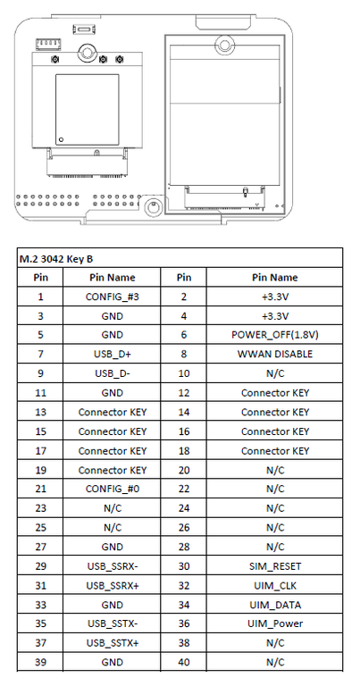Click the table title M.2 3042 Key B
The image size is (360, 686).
(x=55, y=259)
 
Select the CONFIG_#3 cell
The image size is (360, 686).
(x=113, y=297)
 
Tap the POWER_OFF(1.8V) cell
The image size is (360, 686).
(x=275, y=335)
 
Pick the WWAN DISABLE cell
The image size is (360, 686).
(x=275, y=354)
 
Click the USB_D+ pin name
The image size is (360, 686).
(x=113, y=354)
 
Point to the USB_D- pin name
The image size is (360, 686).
(x=113, y=373)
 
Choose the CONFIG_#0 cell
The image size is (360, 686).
(x=113, y=489)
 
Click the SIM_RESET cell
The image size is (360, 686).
(x=275, y=566)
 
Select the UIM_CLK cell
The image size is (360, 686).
(x=275, y=585)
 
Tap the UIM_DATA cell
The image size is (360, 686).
(x=275, y=605)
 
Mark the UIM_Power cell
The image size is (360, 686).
(x=275, y=623)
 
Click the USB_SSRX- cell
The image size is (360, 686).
(x=113, y=566)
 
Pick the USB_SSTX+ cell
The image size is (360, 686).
(x=113, y=643)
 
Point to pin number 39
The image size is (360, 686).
(x=41, y=663)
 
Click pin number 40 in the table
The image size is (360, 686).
(x=184, y=663)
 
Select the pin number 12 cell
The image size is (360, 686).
(x=184, y=393)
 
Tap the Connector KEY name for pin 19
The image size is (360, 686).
(x=113, y=470)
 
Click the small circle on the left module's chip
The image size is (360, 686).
(x=62, y=139)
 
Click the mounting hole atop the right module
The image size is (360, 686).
(x=224, y=45)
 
